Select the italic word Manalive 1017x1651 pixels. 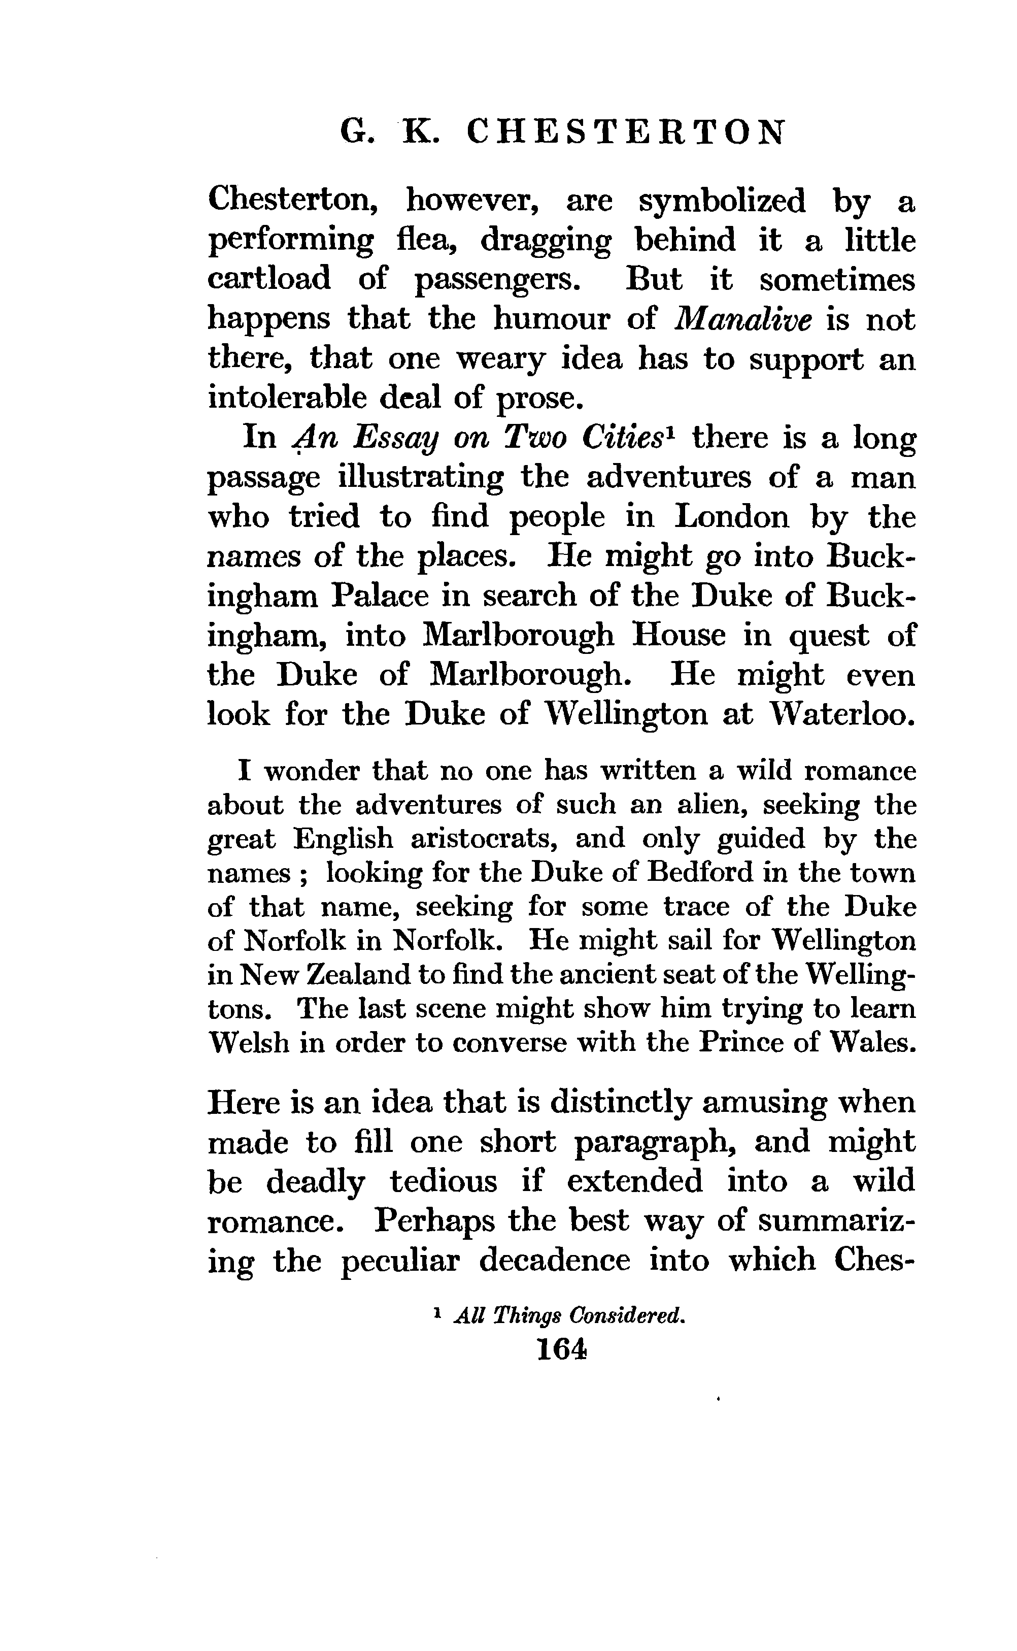(x=743, y=319)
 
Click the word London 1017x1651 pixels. (x=731, y=517)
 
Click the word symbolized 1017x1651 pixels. (x=721, y=201)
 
